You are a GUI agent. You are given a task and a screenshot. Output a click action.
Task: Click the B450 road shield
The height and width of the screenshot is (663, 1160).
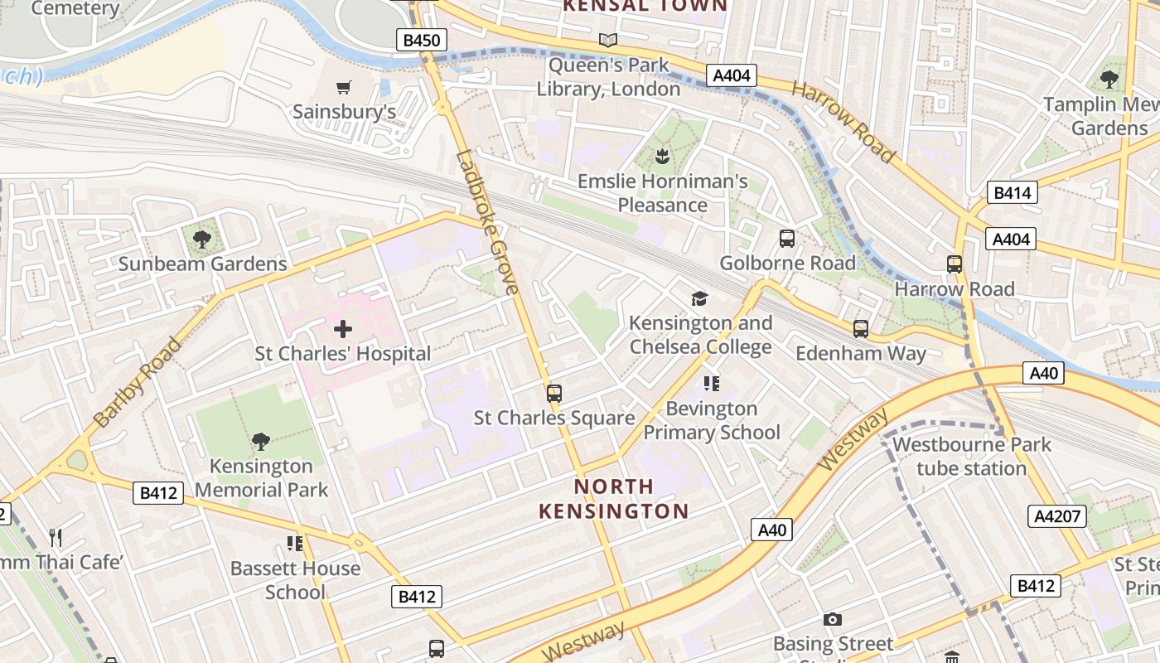pos(422,40)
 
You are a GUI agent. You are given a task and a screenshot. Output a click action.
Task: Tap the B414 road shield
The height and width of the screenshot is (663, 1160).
pos(1012,193)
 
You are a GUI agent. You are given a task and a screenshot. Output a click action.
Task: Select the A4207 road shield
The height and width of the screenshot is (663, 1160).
pos(1057,516)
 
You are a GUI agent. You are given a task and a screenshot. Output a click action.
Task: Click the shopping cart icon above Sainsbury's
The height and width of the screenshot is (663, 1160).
pos(344,88)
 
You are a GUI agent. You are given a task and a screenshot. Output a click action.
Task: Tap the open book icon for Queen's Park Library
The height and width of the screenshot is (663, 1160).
pos(608,40)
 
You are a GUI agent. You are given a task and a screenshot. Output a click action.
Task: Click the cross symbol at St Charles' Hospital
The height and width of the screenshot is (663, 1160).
pos(342,330)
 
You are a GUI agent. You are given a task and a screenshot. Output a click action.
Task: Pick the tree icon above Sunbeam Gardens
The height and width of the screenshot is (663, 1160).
pos(201,240)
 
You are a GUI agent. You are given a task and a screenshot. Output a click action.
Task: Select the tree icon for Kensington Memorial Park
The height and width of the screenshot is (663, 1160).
pos(261,442)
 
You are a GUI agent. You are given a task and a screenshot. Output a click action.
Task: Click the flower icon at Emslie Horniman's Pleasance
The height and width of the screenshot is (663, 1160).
pos(662,156)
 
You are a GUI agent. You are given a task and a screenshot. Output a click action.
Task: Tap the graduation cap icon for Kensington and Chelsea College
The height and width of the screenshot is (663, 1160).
pos(700,298)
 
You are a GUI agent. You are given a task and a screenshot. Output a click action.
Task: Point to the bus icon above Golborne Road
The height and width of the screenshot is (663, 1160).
pos(787,239)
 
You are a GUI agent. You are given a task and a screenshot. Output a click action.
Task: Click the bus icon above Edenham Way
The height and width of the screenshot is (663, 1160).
pos(861,329)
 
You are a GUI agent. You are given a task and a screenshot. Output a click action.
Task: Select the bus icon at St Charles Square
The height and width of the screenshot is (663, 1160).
pos(554,394)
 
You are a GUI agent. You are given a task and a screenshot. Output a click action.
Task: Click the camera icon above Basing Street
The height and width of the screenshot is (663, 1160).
pos(833,619)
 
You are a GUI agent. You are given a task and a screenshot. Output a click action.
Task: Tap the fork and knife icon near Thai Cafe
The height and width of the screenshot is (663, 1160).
pos(56,538)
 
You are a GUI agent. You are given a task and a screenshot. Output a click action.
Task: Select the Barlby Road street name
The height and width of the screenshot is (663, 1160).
pos(138,382)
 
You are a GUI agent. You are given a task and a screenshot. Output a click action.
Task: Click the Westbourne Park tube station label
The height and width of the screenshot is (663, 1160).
pos(971,456)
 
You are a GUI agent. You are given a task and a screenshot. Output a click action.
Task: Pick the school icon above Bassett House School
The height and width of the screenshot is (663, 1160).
pos(294,544)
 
